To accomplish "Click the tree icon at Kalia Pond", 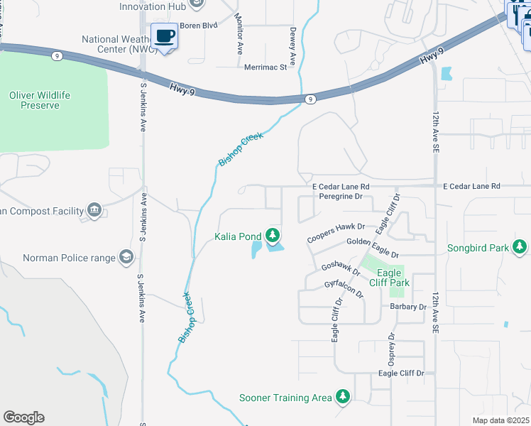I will [272, 235].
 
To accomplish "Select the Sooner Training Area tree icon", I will [343, 397].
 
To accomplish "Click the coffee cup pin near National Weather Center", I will [165, 35].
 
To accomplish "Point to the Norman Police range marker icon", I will [126, 257].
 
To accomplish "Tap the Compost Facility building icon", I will [94, 209].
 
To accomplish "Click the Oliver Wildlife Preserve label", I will [44, 100].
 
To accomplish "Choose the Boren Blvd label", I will [198, 26].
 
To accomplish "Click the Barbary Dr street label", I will [407, 307].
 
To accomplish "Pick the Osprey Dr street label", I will [390, 347].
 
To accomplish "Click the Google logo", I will [23, 417].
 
